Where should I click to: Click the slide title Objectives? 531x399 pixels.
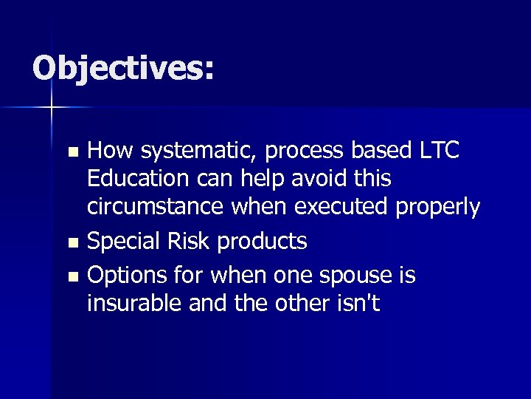(123, 69)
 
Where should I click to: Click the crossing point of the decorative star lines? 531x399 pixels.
(52, 108)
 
